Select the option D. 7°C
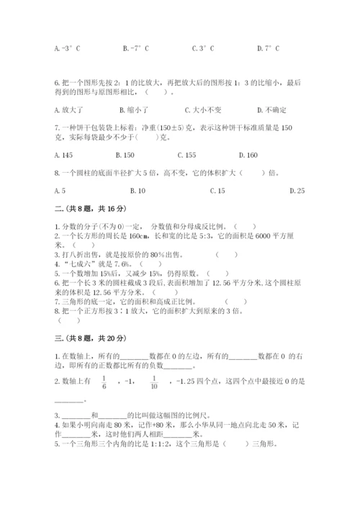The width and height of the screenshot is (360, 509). (268, 49)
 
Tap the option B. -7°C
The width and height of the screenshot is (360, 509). (135, 49)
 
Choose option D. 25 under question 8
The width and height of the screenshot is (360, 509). (296, 191)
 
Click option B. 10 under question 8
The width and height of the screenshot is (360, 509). (138, 191)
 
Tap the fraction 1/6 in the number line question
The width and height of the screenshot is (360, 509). (104, 382)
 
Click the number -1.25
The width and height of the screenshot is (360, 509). (188, 382)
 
